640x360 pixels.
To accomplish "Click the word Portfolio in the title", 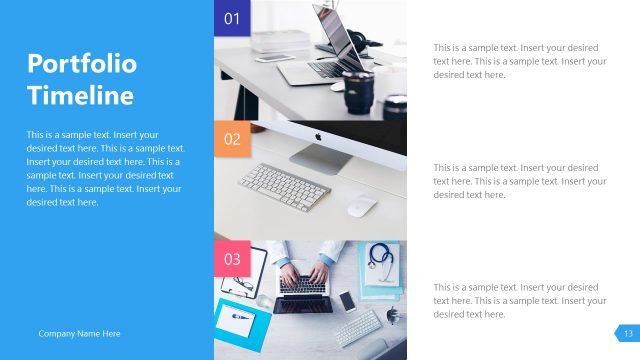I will pos(81,65).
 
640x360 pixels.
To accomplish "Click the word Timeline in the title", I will pos(80,96).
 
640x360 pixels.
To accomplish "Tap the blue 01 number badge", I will pos(232,18).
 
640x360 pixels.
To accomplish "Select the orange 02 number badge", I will pos(232,139).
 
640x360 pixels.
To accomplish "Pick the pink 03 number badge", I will pos(232,259).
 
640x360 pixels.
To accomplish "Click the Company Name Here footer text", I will pos(79,333).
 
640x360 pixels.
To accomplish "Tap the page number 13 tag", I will pos(628,333).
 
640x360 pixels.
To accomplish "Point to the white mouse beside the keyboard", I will pos(361,205).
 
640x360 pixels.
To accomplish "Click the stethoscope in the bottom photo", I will pos(381,258).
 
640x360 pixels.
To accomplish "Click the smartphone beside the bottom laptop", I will pos(347,301).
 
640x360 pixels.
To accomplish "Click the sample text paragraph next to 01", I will pos(519,61).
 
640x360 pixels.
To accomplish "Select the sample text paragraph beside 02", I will pos(519,181).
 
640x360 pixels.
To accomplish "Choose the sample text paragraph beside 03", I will pos(519,301).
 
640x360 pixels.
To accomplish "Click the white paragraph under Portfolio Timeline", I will pos(105,168).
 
